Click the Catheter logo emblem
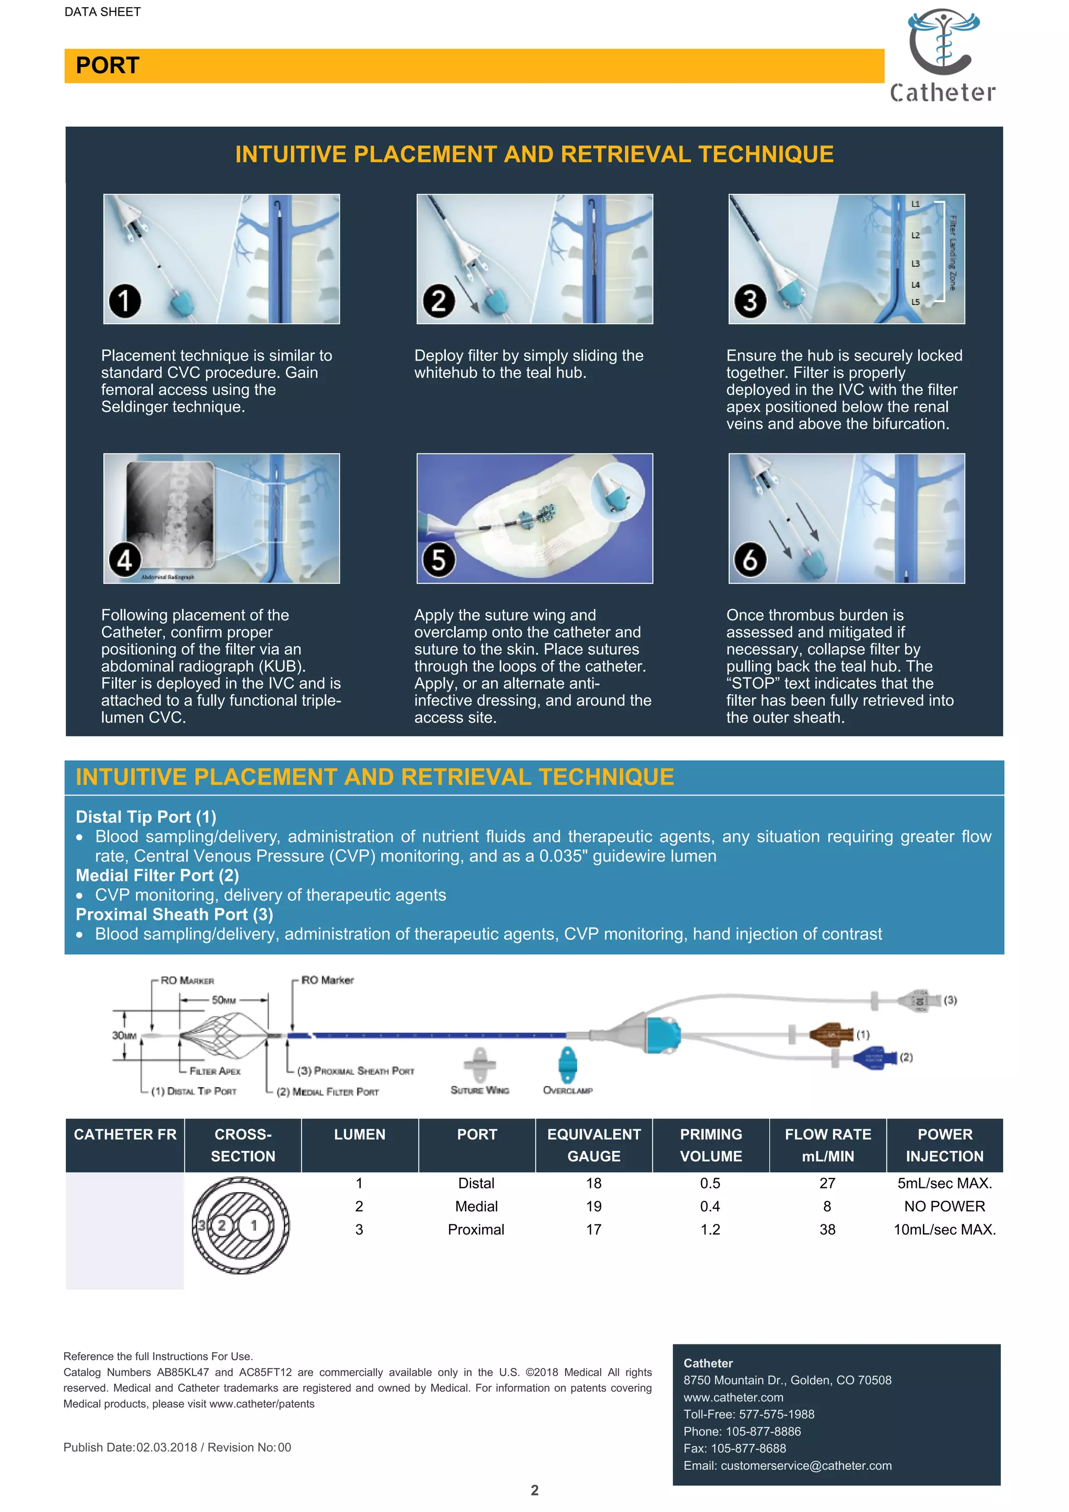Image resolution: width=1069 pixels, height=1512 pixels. point(943,41)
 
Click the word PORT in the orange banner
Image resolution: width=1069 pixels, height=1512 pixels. point(108,66)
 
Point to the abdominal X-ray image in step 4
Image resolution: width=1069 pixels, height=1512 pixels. point(171,514)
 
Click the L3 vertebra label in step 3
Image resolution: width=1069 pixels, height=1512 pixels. point(915,264)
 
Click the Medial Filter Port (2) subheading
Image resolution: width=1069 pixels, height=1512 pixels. point(157,875)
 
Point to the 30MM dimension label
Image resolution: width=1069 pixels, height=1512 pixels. point(124,1035)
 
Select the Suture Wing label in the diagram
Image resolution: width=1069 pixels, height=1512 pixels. point(480,1090)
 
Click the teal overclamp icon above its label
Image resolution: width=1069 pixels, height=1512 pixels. point(566,1064)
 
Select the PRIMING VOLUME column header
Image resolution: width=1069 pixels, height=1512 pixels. point(711,1145)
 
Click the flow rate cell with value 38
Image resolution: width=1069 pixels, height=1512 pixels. point(827,1230)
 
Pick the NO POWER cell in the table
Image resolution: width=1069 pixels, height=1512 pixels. point(944,1207)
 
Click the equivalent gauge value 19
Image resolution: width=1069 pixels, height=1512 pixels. point(593,1207)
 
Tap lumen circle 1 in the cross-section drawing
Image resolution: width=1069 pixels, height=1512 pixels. point(254,1225)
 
